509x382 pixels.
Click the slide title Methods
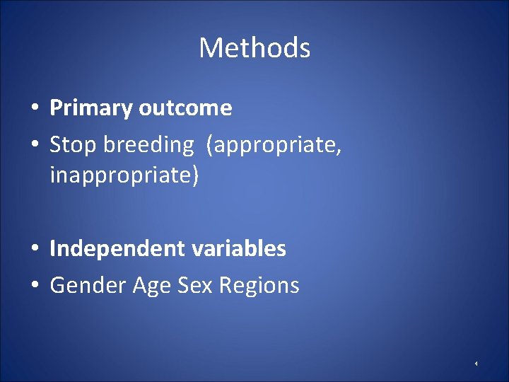(x=255, y=48)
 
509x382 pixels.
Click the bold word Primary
(x=91, y=108)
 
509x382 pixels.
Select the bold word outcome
(x=185, y=108)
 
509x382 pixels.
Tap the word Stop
(x=74, y=145)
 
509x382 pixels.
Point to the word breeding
(x=148, y=145)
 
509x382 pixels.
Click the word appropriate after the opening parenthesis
(x=277, y=145)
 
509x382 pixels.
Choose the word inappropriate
(x=121, y=175)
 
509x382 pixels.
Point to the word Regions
(x=259, y=286)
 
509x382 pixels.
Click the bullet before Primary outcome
(x=34, y=109)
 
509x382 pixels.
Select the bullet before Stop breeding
(x=34, y=146)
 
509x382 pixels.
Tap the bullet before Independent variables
(x=34, y=250)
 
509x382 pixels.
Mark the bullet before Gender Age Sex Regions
(x=34, y=286)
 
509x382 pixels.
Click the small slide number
(x=476, y=364)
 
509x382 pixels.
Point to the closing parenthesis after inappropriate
(x=195, y=175)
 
